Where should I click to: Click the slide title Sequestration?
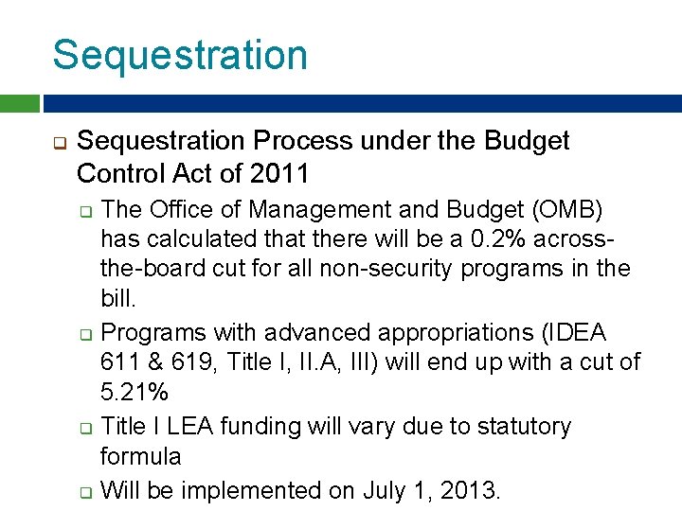[x=180, y=55]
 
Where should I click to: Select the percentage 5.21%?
[x=134, y=393]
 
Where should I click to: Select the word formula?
[x=140, y=457]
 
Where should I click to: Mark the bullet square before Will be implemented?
[x=85, y=492]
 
